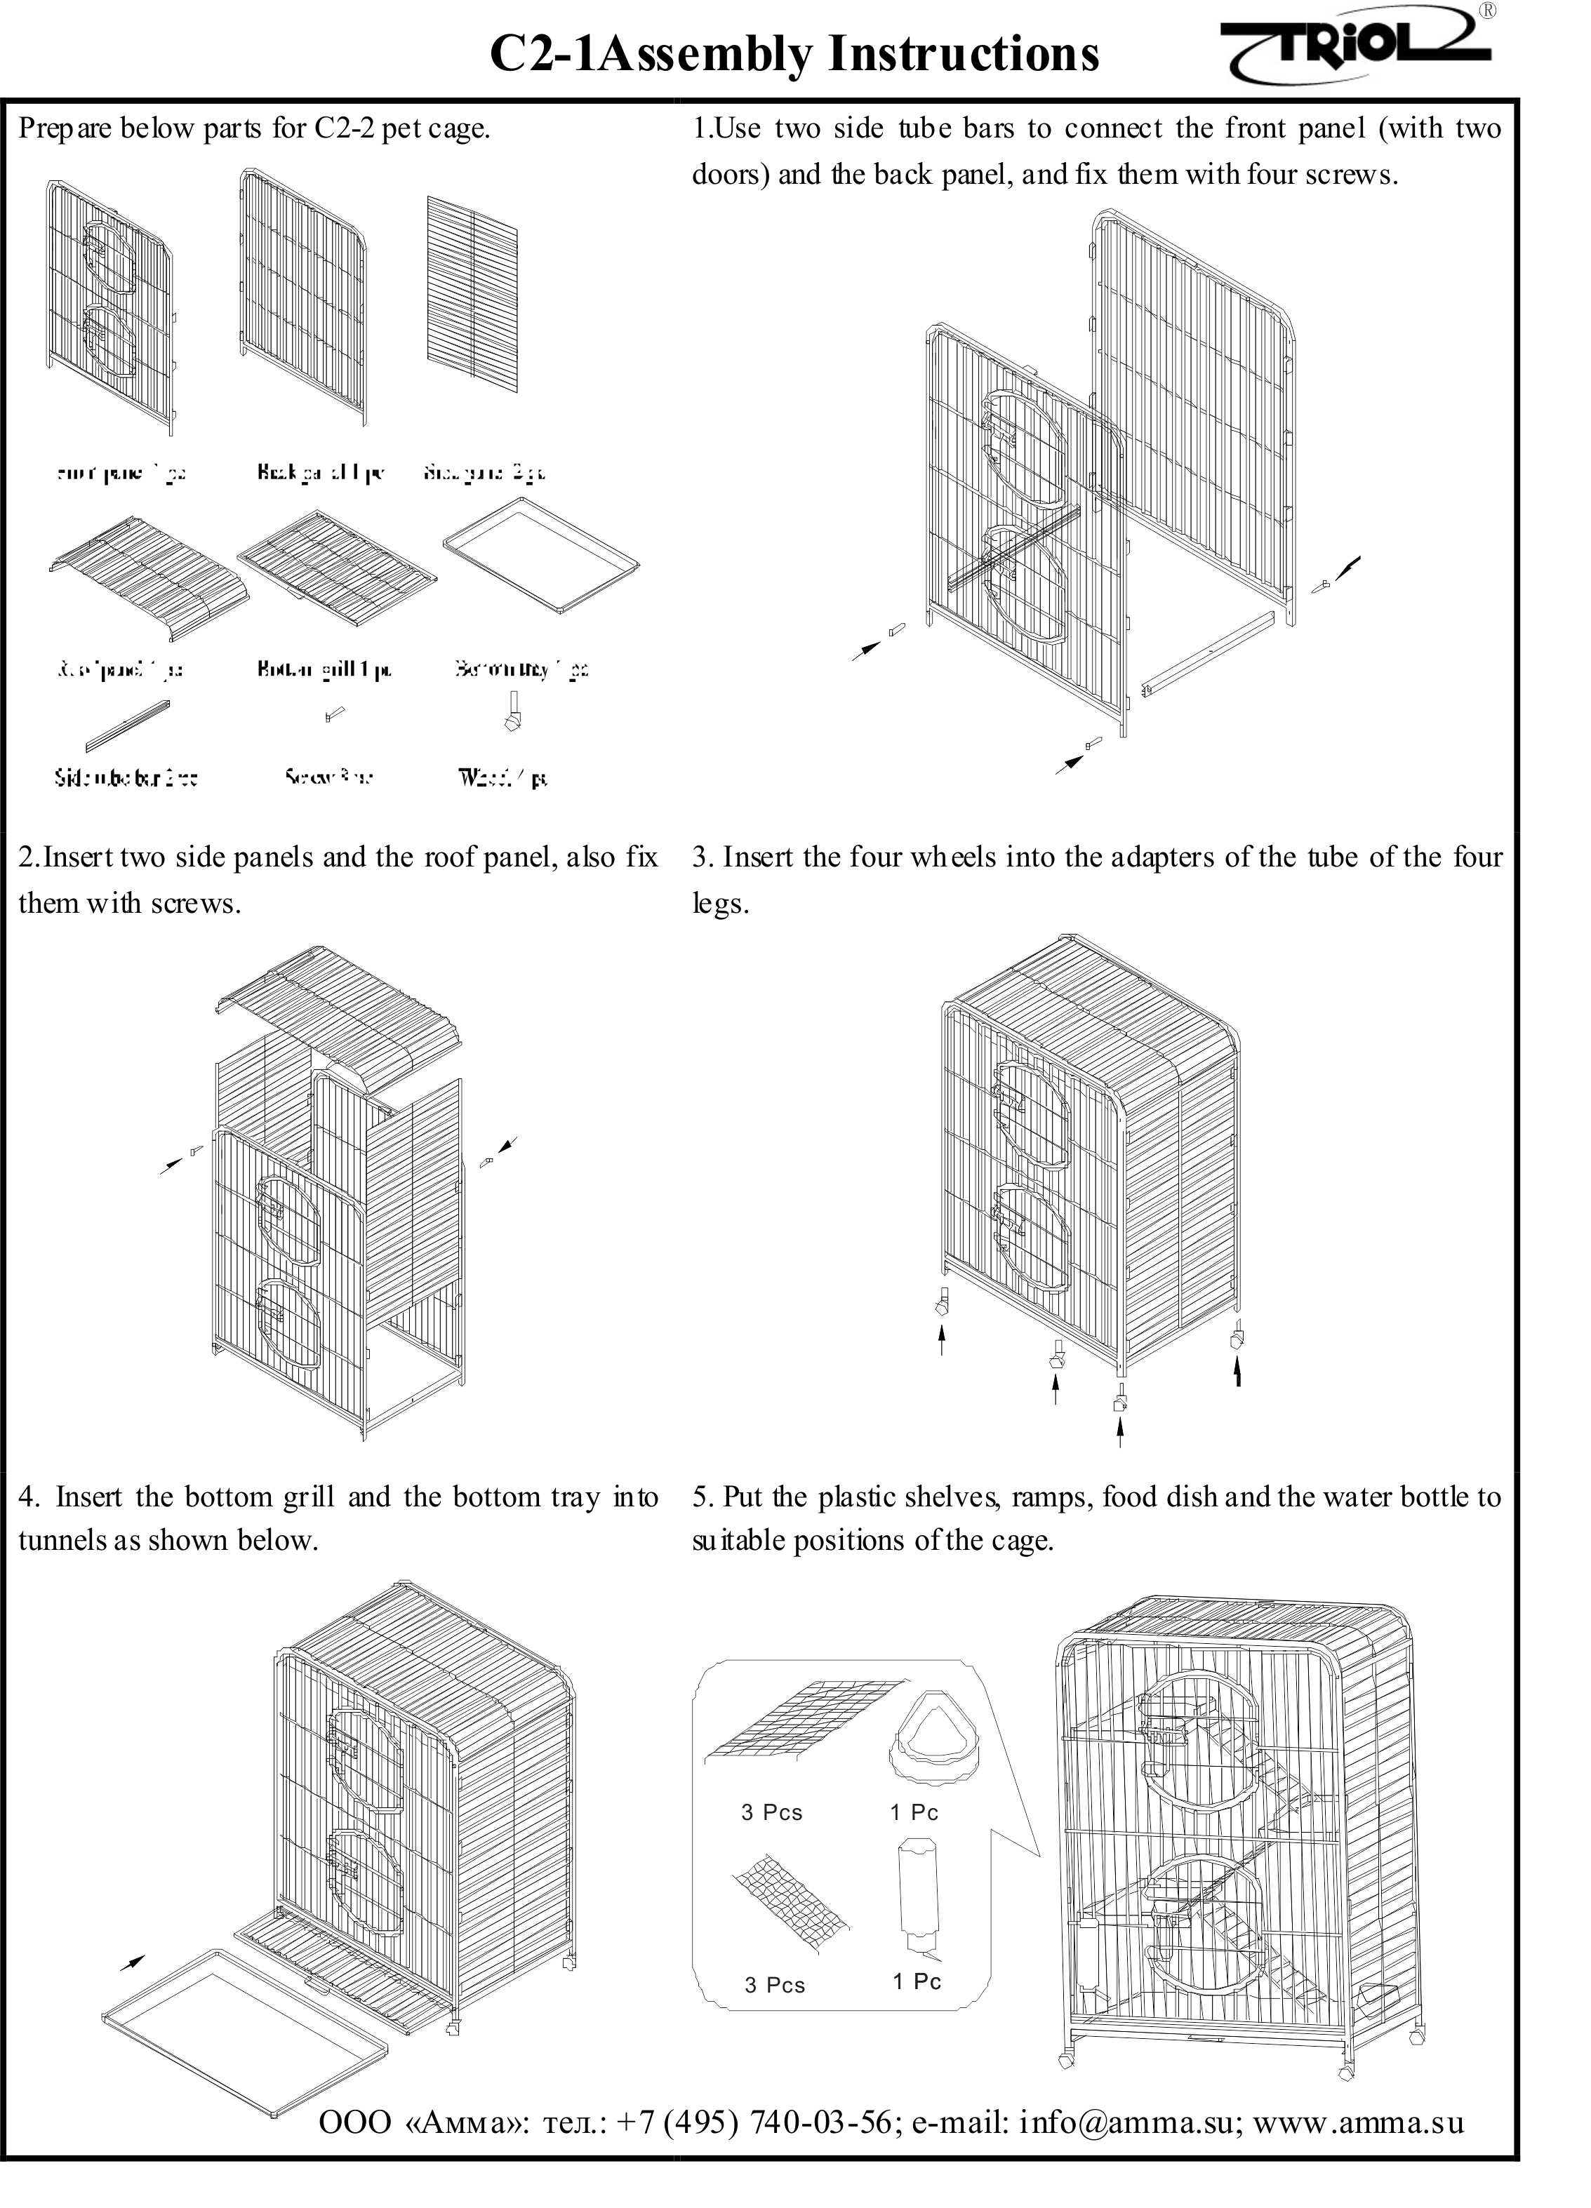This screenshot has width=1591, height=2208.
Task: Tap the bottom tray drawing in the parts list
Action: click(540, 556)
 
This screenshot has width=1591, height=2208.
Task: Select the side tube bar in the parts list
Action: click(126, 725)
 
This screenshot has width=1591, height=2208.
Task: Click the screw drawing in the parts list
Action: click(334, 716)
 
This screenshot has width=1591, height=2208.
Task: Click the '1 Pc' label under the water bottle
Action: click(917, 1981)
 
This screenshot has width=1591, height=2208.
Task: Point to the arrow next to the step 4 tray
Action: click(131, 1962)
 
